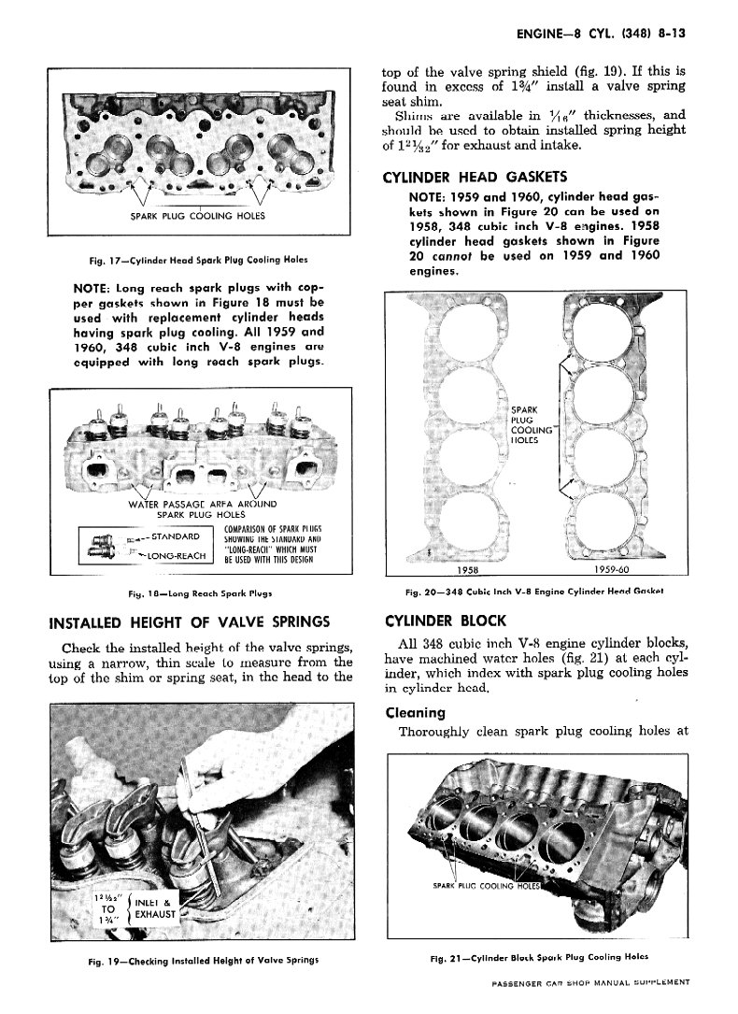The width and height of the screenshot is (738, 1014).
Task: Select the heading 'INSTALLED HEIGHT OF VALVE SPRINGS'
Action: pos(189,621)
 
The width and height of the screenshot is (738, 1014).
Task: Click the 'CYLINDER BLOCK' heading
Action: pos(445,621)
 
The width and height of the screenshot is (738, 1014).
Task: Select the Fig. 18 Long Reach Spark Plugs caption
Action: pos(200,592)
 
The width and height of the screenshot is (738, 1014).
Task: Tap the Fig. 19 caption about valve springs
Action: pos(199,960)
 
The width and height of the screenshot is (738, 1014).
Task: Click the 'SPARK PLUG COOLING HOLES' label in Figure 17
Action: pos(197,216)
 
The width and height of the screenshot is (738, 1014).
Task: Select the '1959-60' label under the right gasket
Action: pos(612,569)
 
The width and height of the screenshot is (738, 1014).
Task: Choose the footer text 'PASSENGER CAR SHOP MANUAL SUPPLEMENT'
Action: pos(589,982)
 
